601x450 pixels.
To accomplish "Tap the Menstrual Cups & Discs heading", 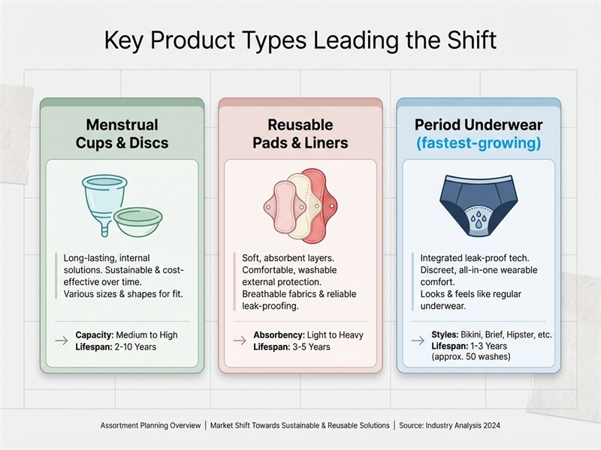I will pyautogui.click(x=122, y=133).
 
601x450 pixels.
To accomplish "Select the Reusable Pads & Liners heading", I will pyautogui.click(x=300, y=133).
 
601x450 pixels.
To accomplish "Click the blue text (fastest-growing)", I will pyautogui.click(x=479, y=142).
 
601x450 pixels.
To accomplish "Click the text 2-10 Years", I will pyautogui.click(x=132, y=347).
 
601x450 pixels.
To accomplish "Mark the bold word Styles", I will pyautogui.click(x=445, y=334).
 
